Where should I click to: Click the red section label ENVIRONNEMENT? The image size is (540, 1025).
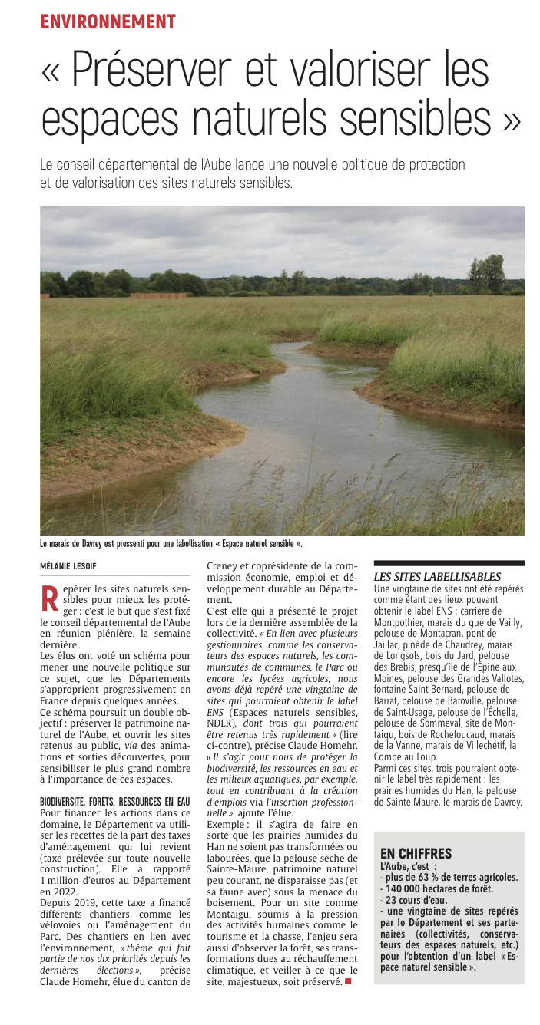click(108, 21)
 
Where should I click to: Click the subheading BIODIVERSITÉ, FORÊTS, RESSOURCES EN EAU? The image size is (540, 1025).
click(114, 779)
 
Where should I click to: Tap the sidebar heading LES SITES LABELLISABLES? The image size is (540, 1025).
click(436, 577)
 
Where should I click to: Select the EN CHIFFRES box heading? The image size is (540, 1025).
click(416, 853)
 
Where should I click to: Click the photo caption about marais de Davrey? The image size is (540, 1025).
click(171, 544)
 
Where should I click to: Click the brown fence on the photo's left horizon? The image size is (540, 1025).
click(147, 295)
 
